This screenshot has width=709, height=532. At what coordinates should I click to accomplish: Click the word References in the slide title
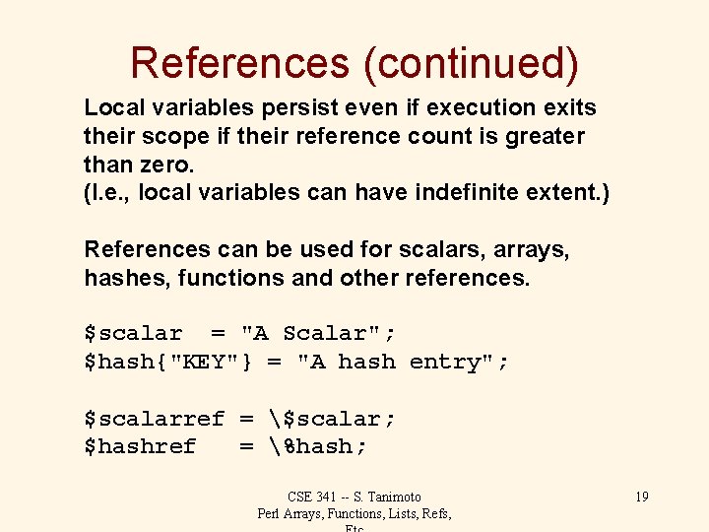tap(239, 62)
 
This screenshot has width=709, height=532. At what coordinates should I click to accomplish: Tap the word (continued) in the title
tap(471, 62)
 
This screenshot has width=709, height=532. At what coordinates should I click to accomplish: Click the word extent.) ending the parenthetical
tap(570, 193)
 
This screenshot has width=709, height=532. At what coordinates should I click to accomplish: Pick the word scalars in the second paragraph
tap(428, 250)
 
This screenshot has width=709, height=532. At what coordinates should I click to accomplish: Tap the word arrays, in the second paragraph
tap(526, 250)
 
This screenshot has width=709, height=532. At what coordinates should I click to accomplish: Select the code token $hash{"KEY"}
tap(168, 363)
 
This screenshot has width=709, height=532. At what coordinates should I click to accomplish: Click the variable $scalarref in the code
tap(155, 420)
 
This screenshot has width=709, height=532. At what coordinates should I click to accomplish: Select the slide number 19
tap(641, 497)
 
